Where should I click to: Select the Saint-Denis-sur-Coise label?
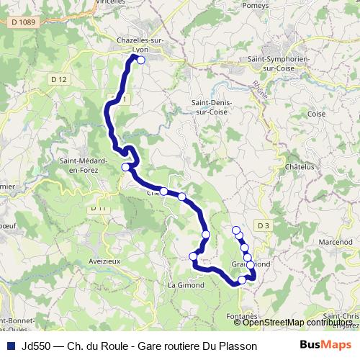(210, 107)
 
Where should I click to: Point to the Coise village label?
(316, 114)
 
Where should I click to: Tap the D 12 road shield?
(60, 78)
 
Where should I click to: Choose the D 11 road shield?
(99, 208)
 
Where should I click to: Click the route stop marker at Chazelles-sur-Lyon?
(141, 60)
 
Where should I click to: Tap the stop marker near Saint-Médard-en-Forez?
(126, 167)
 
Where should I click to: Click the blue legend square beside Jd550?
(11, 346)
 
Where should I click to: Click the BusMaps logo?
(325, 346)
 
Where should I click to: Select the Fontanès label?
(240, 316)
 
